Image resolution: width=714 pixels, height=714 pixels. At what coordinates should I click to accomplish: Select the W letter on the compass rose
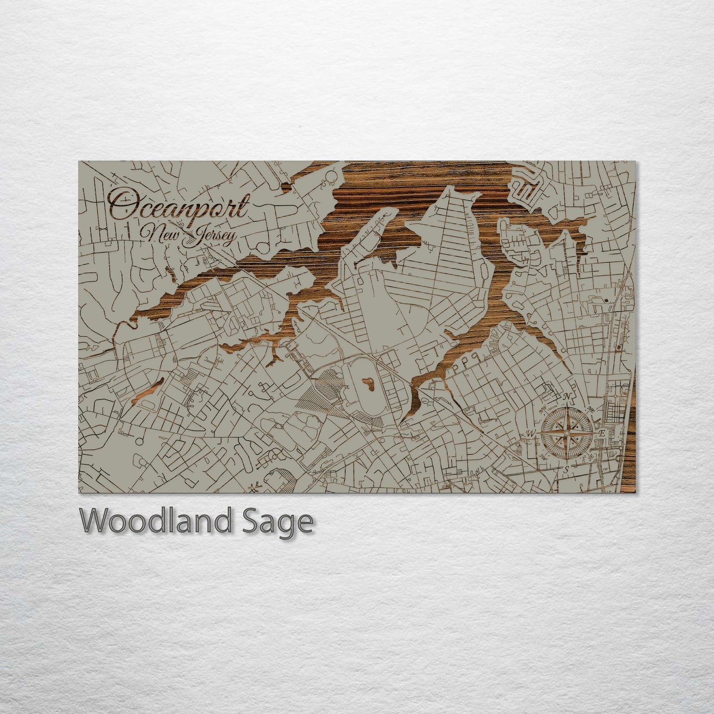tap(532, 433)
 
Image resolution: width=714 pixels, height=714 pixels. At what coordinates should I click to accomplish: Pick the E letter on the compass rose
tap(601, 433)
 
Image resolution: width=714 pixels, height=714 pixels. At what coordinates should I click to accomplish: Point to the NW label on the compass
tap(544, 409)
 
